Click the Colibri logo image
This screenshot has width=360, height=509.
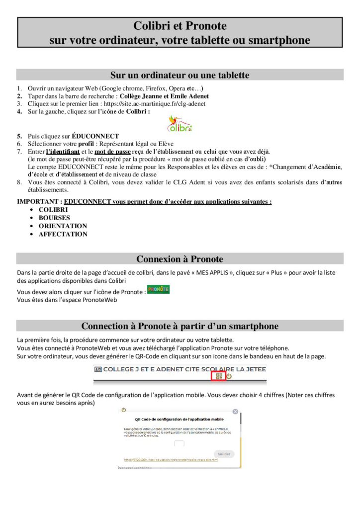click(x=180, y=123)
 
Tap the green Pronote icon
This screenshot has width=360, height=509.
click(x=159, y=289)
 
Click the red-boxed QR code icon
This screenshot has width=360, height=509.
click(x=219, y=376)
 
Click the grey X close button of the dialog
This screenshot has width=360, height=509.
click(x=235, y=412)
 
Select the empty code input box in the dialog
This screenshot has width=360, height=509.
click(x=180, y=444)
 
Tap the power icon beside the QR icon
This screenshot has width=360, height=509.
click(x=229, y=376)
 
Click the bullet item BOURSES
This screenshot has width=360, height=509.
click(x=54, y=218)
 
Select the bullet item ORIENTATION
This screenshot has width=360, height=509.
click(x=63, y=226)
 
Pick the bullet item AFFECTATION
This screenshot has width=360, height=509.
click(x=63, y=234)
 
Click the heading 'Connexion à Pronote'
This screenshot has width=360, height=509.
click(x=180, y=259)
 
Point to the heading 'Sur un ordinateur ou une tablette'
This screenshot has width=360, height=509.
click(x=180, y=75)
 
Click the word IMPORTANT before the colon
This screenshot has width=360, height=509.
click(x=39, y=202)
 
